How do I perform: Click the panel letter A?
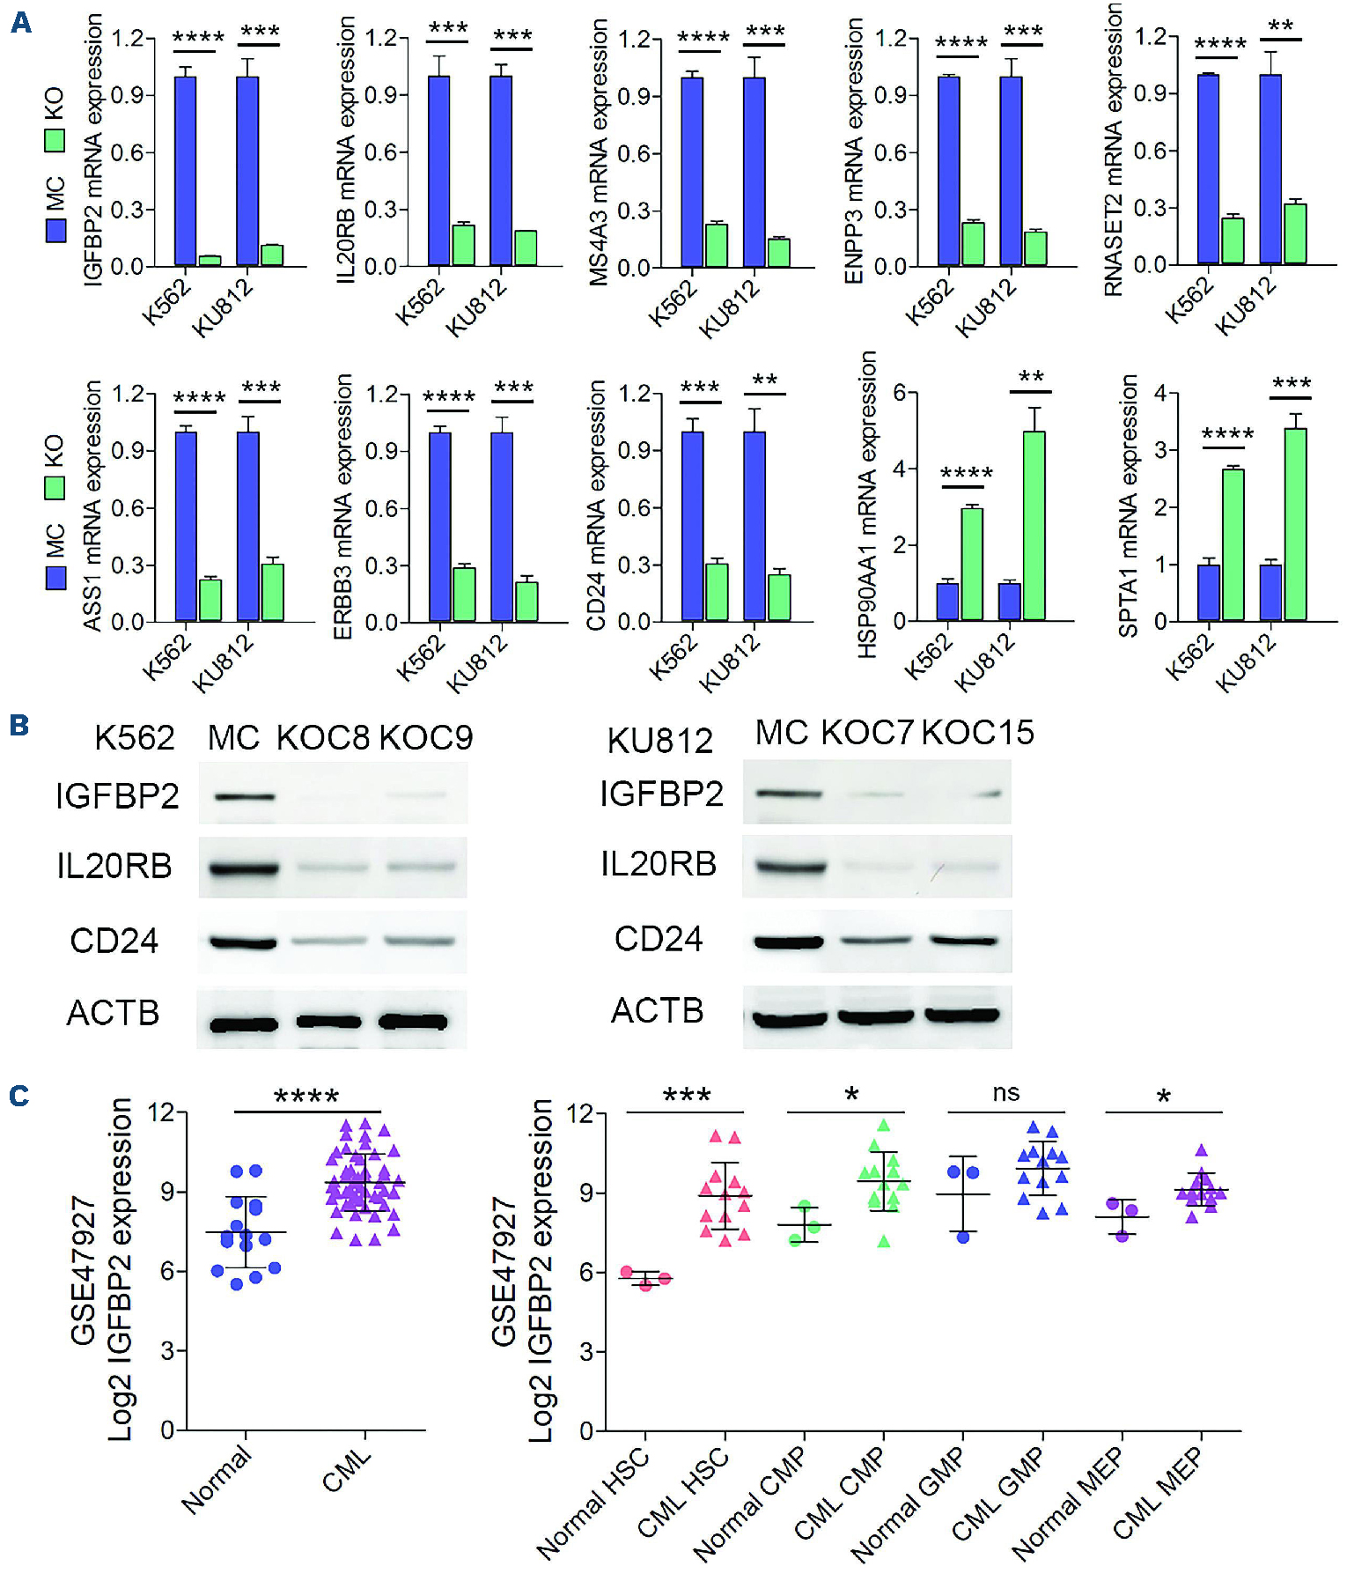(x=20, y=21)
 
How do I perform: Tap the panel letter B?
(x=19, y=726)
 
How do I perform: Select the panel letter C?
(x=19, y=1096)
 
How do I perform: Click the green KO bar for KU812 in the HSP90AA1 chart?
(x=1034, y=526)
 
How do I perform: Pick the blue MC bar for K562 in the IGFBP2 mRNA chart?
(x=185, y=171)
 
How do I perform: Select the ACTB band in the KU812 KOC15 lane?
(x=962, y=1015)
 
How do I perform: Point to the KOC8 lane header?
(x=322, y=738)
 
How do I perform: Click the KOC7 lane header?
(x=867, y=733)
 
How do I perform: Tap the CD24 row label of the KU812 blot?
(x=659, y=939)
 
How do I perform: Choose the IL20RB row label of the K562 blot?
(x=114, y=867)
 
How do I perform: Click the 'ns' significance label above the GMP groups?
(x=1005, y=1093)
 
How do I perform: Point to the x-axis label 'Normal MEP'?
(x=1068, y=1503)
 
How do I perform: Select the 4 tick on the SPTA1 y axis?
(x=1160, y=393)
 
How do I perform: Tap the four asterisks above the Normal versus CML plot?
(x=306, y=1097)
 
